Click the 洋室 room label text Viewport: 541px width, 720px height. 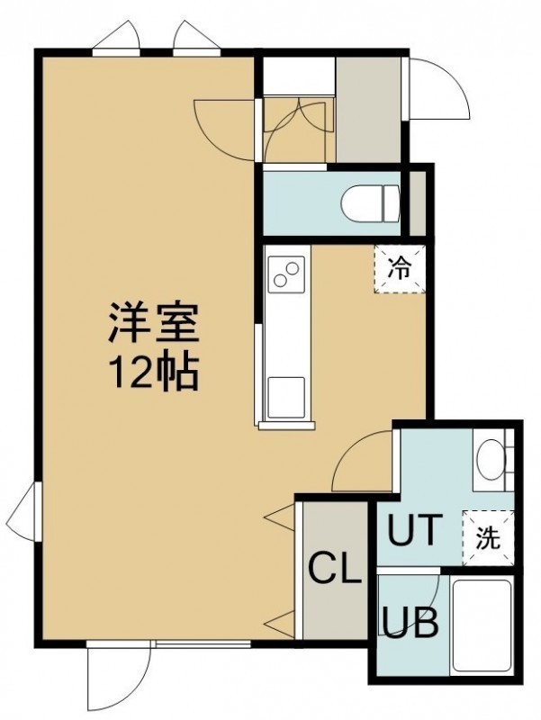pyautogui.click(x=153, y=323)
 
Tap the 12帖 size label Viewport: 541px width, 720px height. pyautogui.click(x=153, y=372)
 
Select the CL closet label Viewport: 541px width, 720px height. pyautogui.click(x=334, y=568)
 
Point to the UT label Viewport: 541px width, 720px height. pyautogui.click(x=415, y=529)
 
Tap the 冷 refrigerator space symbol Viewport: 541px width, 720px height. pyautogui.click(x=400, y=269)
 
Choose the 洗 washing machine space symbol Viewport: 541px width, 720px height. pyautogui.click(x=488, y=537)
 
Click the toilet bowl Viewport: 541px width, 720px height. pyautogui.click(x=371, y=203)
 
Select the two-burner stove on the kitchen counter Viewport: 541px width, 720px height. pyautogui.click(x=286, y=274)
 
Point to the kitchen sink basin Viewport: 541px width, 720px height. pyautogui.click(x=286, y=398)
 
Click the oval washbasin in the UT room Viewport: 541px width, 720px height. pyautogui.click(x=490, y=460)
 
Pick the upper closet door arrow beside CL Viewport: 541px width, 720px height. pyautogui.click(x=280, y=517)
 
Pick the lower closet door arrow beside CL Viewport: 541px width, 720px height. pyautogui.click(x=280, y=625)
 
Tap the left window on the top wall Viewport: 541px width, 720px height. pyautogui.click(x=116, y=40)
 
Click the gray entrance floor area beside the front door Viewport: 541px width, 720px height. pyautogui.click(x=368, y=109)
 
